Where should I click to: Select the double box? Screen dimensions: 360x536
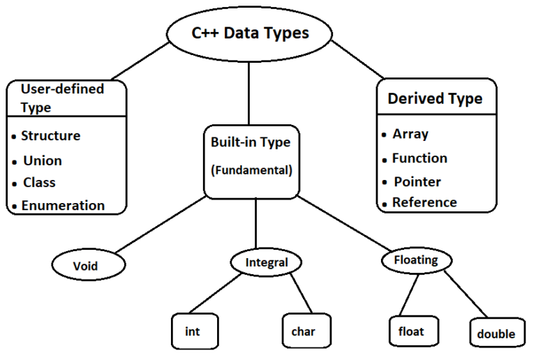[x=496, y=333]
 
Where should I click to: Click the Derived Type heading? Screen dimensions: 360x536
[x=435, y=98]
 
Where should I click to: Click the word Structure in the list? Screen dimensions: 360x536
[x=50, y=135]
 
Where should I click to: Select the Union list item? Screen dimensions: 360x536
[x=42, y=160]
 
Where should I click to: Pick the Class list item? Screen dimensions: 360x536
[x=39, y=183]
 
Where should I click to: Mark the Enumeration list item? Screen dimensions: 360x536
[x=63, y=205]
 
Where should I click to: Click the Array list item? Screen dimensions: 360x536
[x=410, y=134]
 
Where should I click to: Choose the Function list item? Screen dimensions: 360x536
[x=419, y=158]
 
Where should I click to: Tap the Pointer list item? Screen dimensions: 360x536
[x=417, y=181]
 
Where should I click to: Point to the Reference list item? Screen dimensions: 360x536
[x=424, y=202]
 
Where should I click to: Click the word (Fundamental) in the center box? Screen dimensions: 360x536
[x=251, y=170]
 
